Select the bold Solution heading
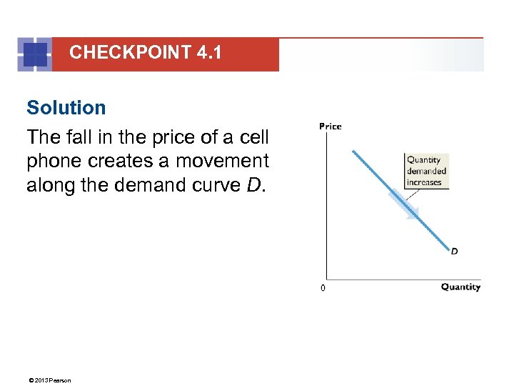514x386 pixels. (66, 108)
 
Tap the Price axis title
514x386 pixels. (330, 127)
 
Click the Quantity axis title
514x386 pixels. (460, 287)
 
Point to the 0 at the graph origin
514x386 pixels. (323, 288)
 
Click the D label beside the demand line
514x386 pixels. (455, 251)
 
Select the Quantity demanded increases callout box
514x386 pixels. (426, 171)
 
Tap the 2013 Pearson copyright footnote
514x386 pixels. (49, 380)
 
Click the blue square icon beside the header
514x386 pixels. (34, 54)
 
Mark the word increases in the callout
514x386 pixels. (424, 182)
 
